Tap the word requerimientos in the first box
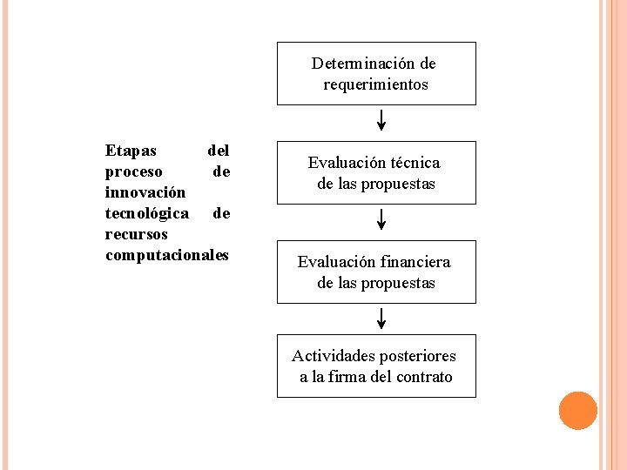(x=376, y=84)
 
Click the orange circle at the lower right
(x=577, y=411)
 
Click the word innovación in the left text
(x=145, y=192)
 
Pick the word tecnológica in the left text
(x=146, y=213)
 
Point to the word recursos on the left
(x=136, y=234)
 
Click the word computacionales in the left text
(x=166, y=255)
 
